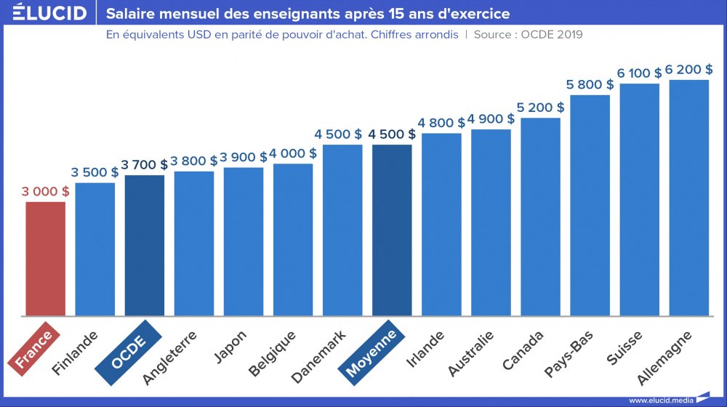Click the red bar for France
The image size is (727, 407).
[x=46, y=259]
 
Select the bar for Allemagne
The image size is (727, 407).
[x=688, y=198]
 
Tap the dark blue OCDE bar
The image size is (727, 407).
[x=145, y=246]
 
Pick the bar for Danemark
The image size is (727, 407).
[x=342, y=230]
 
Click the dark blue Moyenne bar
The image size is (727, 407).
[x=392, y=230]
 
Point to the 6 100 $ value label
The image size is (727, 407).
[x=639, y=73]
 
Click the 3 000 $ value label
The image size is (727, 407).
[x=46, y=192]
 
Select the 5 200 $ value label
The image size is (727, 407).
[x=540, y=108]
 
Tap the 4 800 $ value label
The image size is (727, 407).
[x=441, y=123]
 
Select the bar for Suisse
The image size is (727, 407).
[x=639, y=200]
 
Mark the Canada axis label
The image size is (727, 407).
[x=527, y=350]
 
